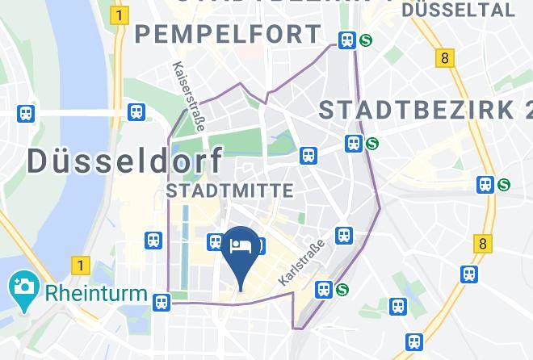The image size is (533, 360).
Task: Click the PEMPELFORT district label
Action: point(229,35)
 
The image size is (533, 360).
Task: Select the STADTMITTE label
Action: point(229,190)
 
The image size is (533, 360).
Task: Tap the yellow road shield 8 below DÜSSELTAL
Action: point(444,58)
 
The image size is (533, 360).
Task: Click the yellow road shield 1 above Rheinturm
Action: point(79,264)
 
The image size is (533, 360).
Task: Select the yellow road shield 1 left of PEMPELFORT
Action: point(121,15)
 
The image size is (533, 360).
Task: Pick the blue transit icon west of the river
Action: point(27,114)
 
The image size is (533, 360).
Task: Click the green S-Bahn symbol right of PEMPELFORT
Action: point(366,40)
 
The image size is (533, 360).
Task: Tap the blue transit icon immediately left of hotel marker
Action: point(216,241)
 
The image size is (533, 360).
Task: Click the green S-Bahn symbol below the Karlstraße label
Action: point(342,288)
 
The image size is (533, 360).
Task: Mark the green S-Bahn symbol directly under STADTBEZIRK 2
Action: point(371,144)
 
